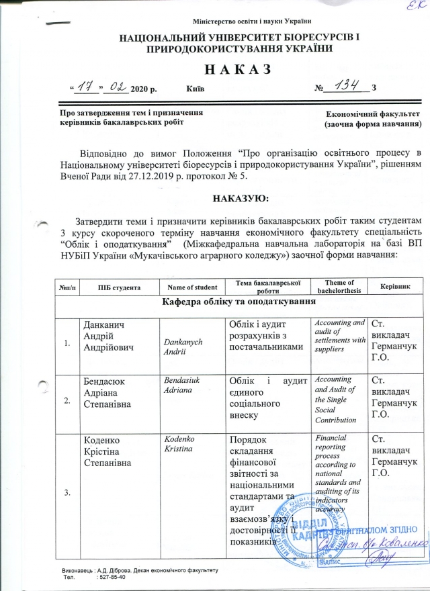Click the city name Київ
pyautogui.click(x=195, y=89)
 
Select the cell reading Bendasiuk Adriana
pyautogui.click(x=184, y=385)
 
